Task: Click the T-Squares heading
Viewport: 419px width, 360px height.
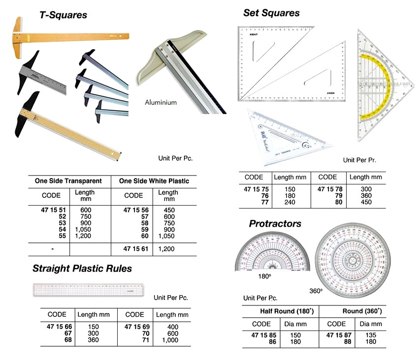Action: [x=63, y=15]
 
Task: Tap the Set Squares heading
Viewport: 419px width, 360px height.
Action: [x=271, y=13]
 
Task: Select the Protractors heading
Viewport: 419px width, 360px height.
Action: [x=275, y=224]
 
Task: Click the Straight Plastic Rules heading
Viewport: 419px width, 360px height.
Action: [x=82, y=269]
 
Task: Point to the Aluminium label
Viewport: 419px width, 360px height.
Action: [x=161, y=103]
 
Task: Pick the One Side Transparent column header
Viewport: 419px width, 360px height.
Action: [x=68, y=181]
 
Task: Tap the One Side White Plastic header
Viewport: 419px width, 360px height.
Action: [x=154, y=181]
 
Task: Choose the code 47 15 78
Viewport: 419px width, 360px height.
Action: [x=327, y=189]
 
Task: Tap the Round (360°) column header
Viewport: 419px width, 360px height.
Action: [x=362, y=311]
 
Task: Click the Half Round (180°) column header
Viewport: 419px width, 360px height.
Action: [x=287, y=311]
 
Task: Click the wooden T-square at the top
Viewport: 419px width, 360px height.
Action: [x=69, y=35]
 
